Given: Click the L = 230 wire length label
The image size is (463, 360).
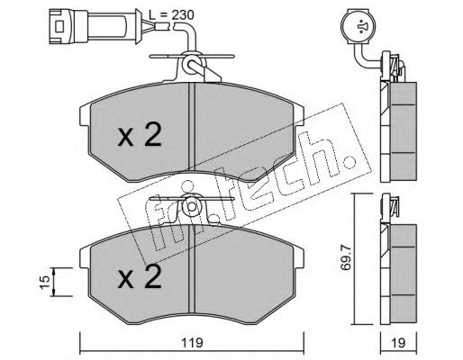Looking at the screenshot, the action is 172,15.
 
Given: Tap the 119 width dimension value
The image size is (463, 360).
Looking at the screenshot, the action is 192,343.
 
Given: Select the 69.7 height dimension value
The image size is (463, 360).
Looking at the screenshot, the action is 346,257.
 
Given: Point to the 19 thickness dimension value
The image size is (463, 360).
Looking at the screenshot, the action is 398,343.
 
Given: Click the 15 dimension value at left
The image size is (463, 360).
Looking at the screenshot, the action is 44,282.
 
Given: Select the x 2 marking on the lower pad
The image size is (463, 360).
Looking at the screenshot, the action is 140,276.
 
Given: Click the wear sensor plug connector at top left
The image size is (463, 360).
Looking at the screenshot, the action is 92,26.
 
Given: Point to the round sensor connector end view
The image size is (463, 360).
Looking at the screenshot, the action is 359,27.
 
